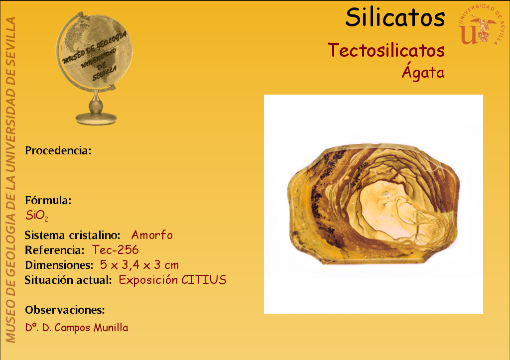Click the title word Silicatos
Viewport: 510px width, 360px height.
[395, 17]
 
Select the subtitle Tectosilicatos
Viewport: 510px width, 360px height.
[386, 50]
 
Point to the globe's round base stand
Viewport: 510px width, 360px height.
[96, 119]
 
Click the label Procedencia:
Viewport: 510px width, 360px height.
[58, 150]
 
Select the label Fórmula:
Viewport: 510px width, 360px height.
[48, 200]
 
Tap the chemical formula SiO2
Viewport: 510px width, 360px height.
[37, 216]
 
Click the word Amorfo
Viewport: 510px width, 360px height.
[152, 235]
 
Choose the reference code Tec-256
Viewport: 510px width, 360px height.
[116, 250]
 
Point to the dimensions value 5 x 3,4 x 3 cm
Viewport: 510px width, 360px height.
[139, 265]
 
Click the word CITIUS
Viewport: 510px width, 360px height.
[204, 280]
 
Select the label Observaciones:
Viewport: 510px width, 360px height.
[65, 310]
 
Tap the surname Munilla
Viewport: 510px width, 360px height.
[111, 328]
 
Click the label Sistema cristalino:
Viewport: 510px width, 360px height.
[73, 235]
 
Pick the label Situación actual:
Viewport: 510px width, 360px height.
[68, 280]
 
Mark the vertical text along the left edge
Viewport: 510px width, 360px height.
[10, 180]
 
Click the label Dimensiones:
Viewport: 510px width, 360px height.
[59, 265]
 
